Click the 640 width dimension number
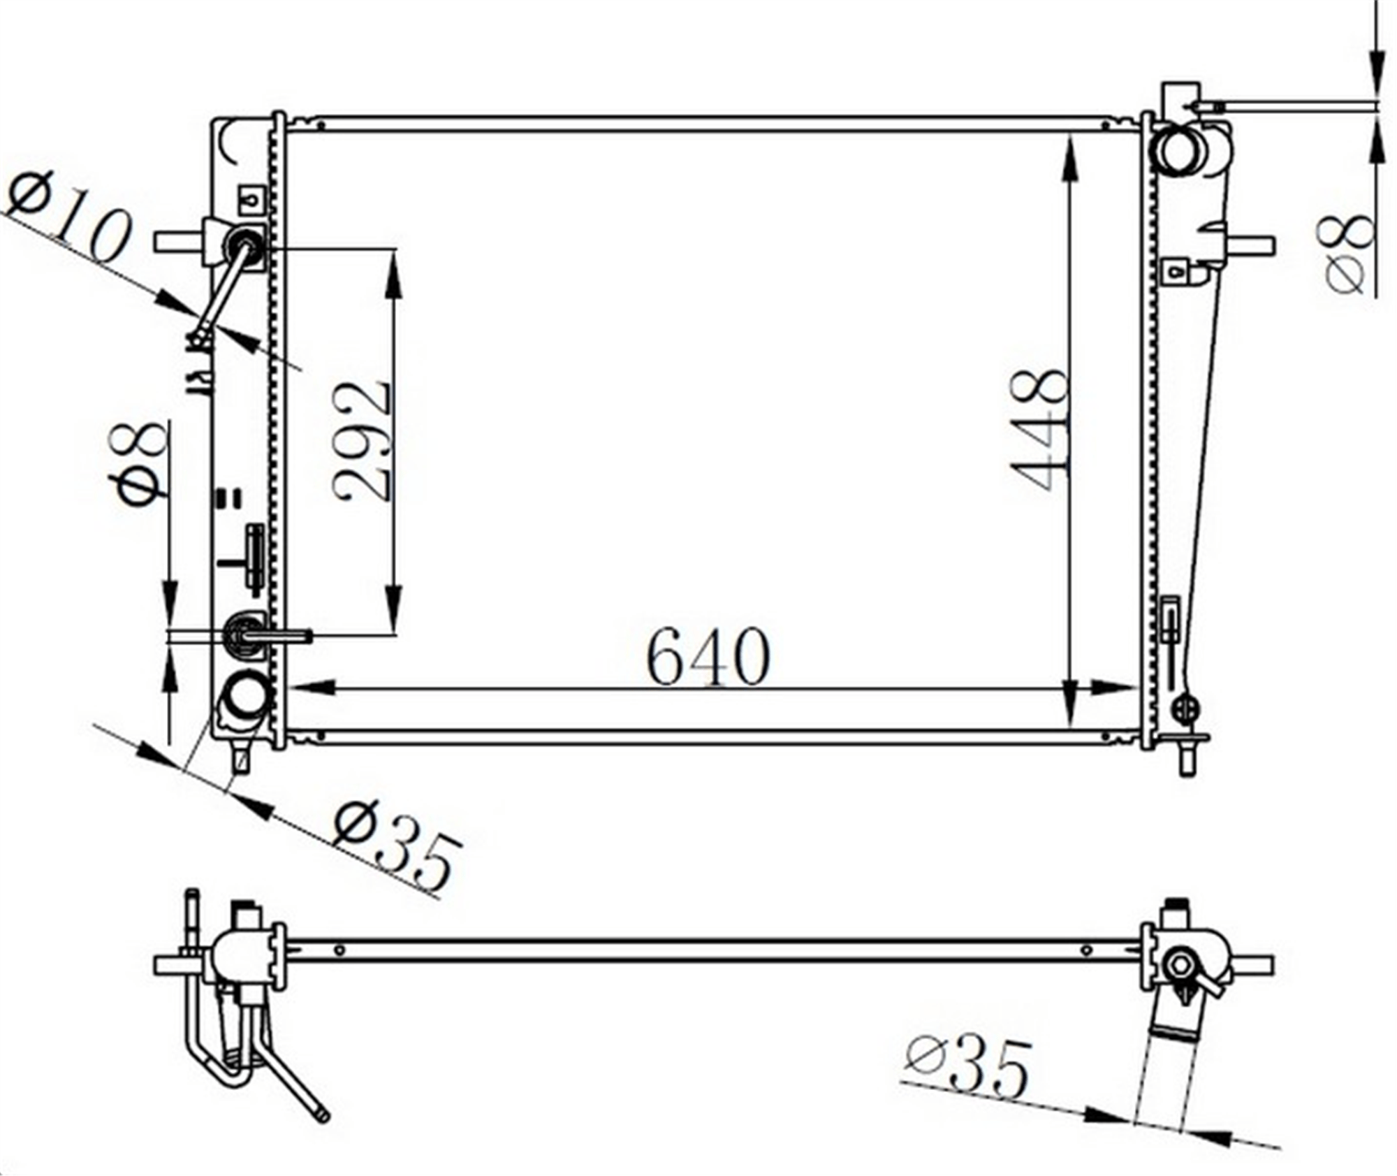point(708,657)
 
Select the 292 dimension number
point(360,440)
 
